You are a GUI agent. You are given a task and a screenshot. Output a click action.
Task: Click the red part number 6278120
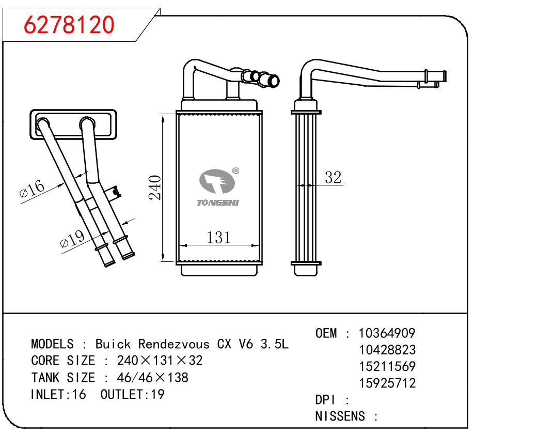pyautogui.click(x=69, y=24)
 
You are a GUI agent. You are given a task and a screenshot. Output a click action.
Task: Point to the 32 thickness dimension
pyautogui.click(x=334, y=178)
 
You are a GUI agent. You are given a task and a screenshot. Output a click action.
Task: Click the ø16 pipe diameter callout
pyautogui.click(x=33, y=190)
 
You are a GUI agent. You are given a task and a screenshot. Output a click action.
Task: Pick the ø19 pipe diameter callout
pyautogui.click(x=72, y=239)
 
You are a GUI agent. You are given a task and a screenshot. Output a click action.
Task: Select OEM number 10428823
pyautogui.click(x=387, y=350)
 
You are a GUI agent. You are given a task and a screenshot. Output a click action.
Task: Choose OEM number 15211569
pyautogui.click(x=387, y=366)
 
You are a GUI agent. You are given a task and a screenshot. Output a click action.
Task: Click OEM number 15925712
pyautogui.click(x=387, y=383)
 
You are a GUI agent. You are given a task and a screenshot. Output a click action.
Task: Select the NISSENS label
pyautogui.click(x=341, y=416)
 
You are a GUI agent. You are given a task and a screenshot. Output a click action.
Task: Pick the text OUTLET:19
pyautogui.click(x=132, y=394)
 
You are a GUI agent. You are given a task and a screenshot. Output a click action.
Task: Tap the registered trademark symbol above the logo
pyautogui.click(x=235, y=170)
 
